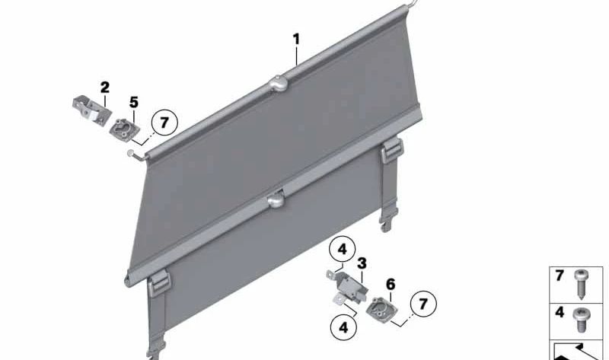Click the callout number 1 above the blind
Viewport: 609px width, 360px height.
[296, 40]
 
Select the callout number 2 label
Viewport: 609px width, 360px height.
[104, 88]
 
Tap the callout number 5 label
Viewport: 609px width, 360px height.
[134, 103]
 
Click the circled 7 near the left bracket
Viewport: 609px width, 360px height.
[164, 123]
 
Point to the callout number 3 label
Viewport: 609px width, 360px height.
[362, 263]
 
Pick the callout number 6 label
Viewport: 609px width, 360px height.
[391, 285]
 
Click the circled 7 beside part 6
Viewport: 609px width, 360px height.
[423, 304]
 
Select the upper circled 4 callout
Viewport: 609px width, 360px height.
[342, 249]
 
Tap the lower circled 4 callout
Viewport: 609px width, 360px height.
[344, 327]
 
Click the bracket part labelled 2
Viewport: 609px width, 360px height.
[91, 110]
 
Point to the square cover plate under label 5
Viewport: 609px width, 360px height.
[123, 129]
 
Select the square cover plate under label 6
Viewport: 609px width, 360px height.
[380, 307]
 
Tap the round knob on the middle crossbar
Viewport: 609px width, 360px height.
[276, 200]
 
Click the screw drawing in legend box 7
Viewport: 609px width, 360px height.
[581, 283]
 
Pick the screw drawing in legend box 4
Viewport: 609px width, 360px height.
[581, 319]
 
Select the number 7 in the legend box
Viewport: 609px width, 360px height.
[560, 276]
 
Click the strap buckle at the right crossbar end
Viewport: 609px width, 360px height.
[392, 151]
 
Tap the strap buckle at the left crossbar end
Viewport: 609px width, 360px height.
[159, 284]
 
